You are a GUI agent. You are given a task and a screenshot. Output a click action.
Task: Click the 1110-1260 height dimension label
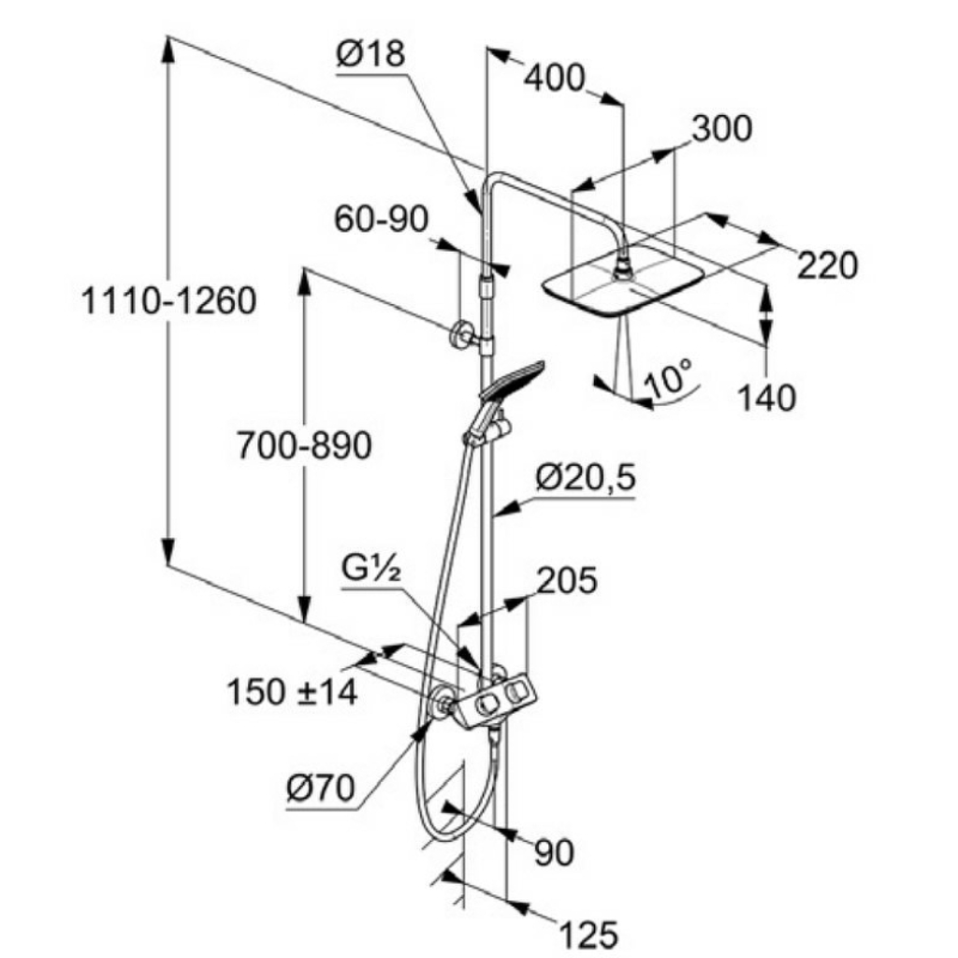click(x=168, y=301)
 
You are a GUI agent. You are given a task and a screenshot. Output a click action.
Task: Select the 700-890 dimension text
click(x=304, y=445)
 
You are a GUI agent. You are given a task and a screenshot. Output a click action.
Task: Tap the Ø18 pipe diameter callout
click(x=370, y=53)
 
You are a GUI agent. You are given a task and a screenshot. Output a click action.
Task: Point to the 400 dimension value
click(x=554, y=79)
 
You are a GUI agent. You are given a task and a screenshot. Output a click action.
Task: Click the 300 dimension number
click(x=721, y=129)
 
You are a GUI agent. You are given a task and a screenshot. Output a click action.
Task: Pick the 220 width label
click(x=827, y=265)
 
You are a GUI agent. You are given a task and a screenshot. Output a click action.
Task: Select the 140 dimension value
click(x=767, y=398)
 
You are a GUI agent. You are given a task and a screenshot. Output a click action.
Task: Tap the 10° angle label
click(x=668, y=378)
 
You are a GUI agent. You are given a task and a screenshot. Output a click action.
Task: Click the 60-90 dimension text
click(x=382, y=218)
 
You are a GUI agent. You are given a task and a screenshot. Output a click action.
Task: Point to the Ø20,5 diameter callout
click(x=586, y=478)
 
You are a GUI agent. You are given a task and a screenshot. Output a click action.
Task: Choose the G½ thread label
click(x=370, y=570)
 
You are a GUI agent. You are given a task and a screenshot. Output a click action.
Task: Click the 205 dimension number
click(x=566, y=580)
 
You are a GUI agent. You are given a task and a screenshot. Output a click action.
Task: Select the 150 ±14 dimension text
click(x=292, y=692)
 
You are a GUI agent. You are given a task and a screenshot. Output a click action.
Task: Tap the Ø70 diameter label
click(x=320, y=788)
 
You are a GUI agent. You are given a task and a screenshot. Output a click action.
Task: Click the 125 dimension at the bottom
click(x=588, y=936)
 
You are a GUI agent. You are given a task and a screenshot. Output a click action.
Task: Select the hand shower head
click(x=512, y=380)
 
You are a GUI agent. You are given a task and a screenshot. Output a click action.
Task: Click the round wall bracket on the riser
click(x=460, y=336)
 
